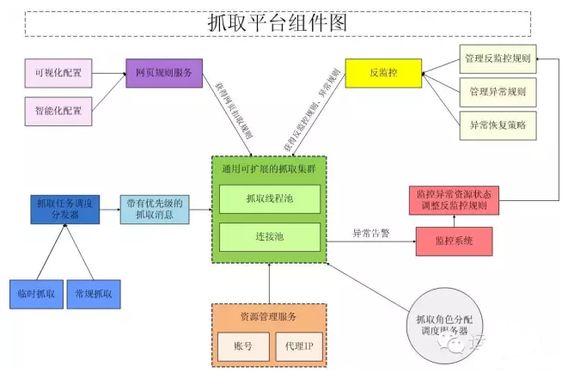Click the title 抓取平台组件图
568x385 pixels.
[x=279, y=22]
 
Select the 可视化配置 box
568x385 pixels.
[x=59, y=74]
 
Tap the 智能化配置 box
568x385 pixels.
[x=59, y=111]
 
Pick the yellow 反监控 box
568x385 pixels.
[x=383, y=74]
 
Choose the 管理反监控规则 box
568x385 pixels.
[x=498, y=60]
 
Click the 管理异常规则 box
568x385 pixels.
[x=498, y=92]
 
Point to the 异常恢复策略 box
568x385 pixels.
[x=498, y=125]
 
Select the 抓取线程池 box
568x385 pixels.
[x=270, y=199]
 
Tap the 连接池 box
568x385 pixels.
[x=270, y=235]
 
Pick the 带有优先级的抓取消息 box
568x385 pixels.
[x=155, y=209]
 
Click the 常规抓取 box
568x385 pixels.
[x=94, y=294]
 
